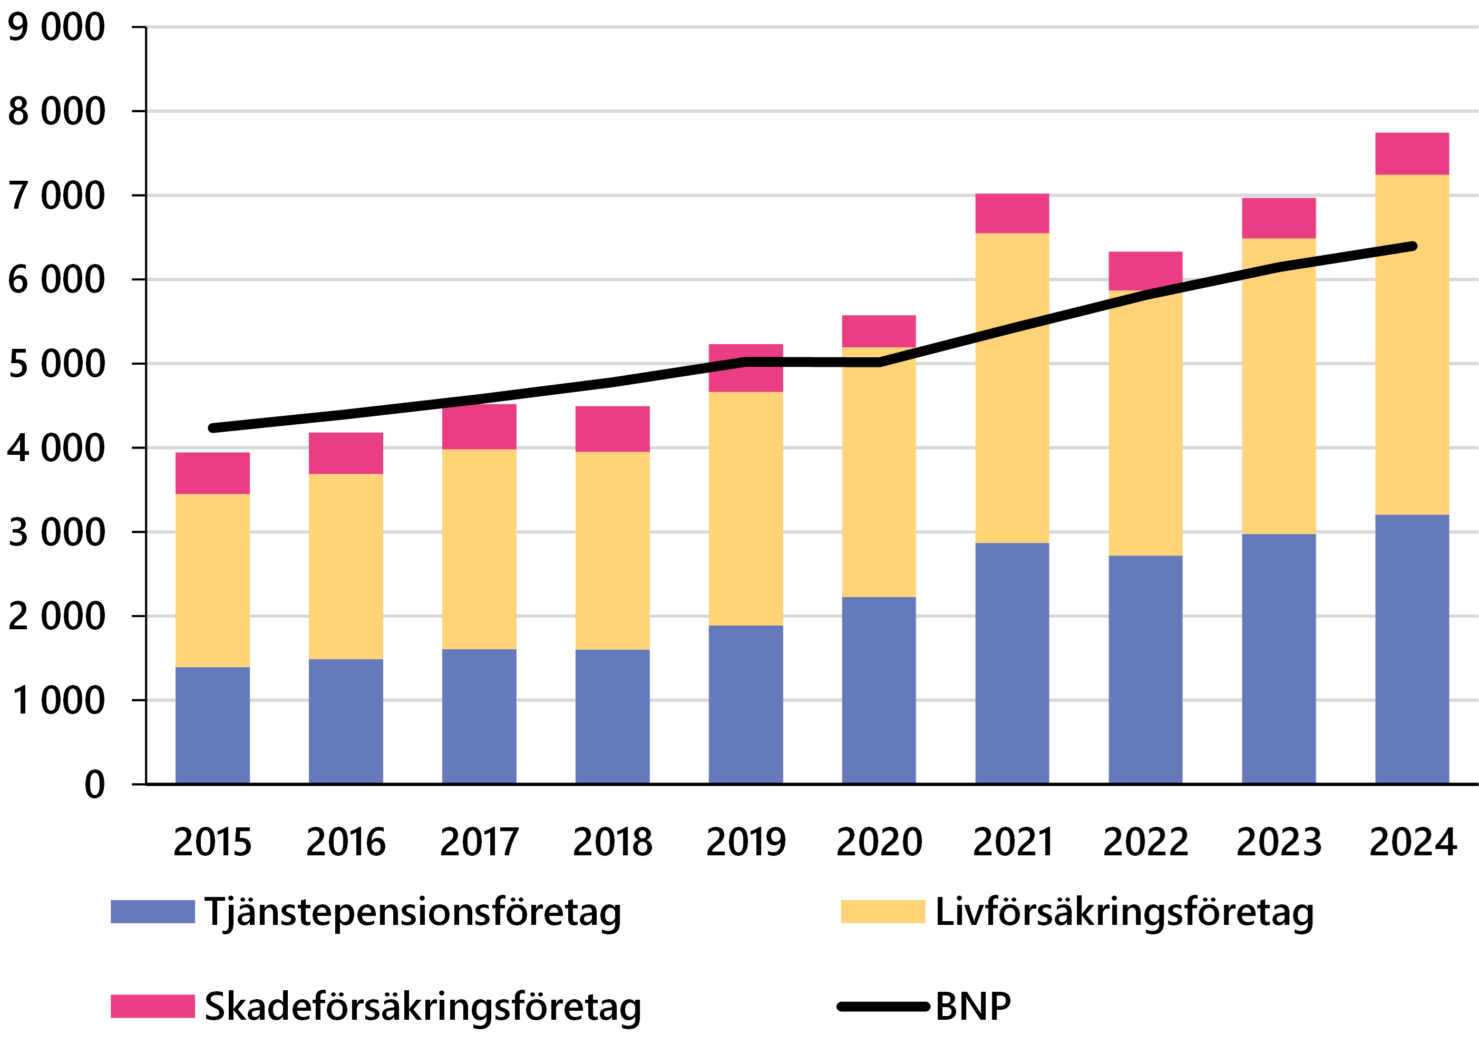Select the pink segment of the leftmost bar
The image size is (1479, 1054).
[x=212, y=473]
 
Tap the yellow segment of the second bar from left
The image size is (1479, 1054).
[x=346, y=566]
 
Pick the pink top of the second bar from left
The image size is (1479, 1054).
[x=346, y=453]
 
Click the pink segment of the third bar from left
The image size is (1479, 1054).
[x=479, y=427]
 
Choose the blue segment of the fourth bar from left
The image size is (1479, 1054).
[x=612, y=716]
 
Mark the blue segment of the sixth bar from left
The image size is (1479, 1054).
[x=879, y=689]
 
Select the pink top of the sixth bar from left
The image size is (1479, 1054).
[x=879, y=331]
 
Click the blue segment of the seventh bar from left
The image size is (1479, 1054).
[x=1012, y=662]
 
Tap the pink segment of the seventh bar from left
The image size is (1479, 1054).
[x=1012, y=213]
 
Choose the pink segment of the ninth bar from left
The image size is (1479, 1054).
[x=1279, y=218]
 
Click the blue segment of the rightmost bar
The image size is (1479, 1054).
[x=1412, y=648]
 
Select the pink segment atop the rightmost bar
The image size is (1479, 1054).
[x=1412, y=154]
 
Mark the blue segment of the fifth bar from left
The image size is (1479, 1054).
[x=746, y=704]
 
